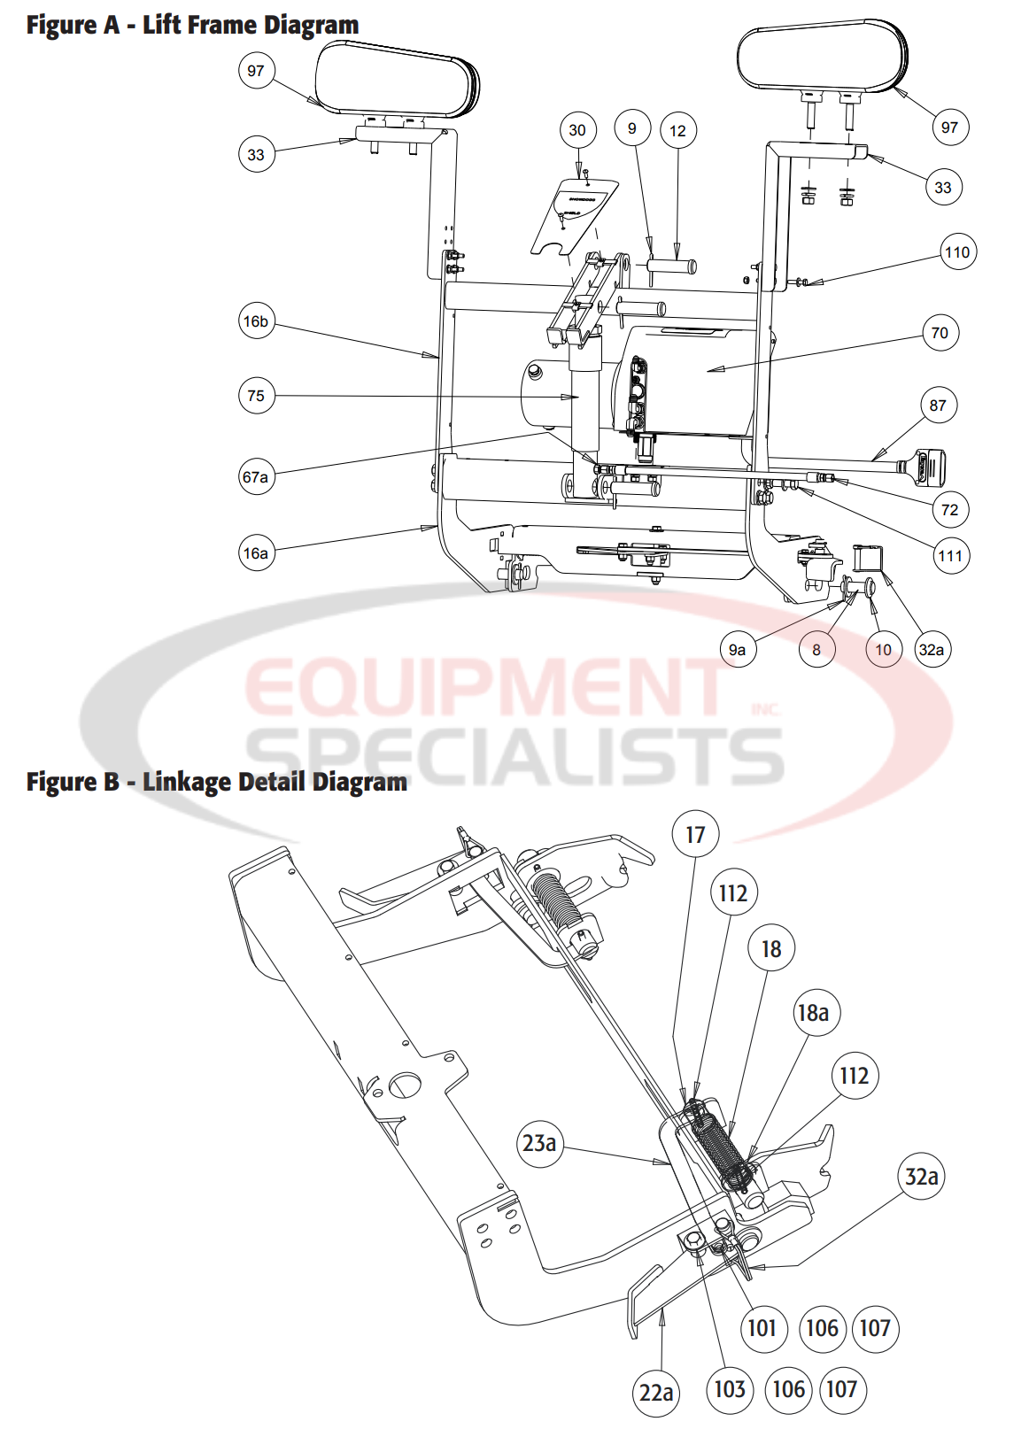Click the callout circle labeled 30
click(x=577, y=130)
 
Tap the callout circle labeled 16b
click(x=256, y=321)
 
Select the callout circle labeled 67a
click(x=256, y=477)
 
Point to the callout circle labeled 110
click(x=957, y=252)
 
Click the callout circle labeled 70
click(x=940, y=333)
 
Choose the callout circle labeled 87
click(x=938, y=406)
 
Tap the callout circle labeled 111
click(x=950, y=556)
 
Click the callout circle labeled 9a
click(x=738, y=650)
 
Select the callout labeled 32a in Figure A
click(x=932, y=650)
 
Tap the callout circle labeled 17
click(x=695, y=835)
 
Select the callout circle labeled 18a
click(x=813, y=1013)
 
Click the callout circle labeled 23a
click(x=539, y=1143)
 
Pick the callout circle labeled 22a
click(x=656, y=1393)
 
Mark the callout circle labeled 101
click(x=762, y=1328)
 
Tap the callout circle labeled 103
click(x=730, y=1389)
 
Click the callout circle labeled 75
click(x=256, y=396)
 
